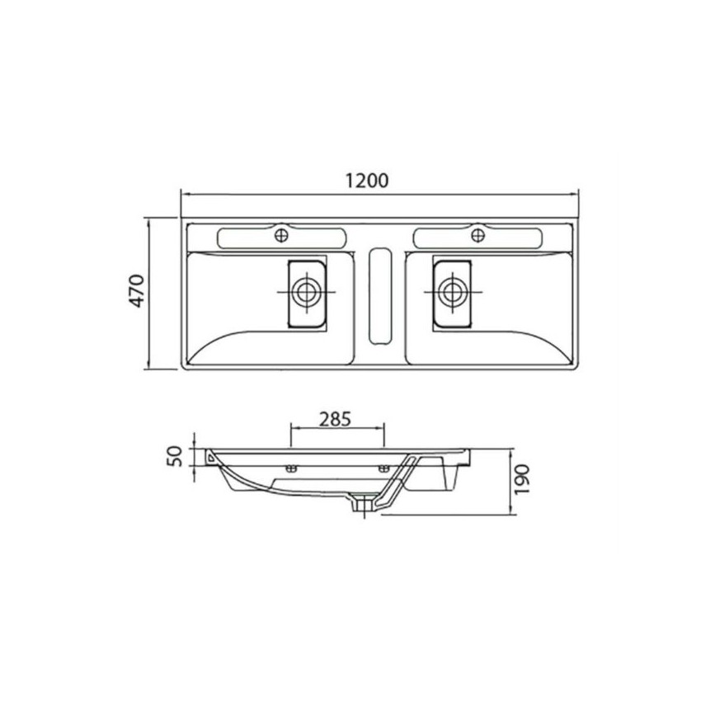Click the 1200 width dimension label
click(367, 181)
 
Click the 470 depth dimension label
click(137, 291)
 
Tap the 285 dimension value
click(336, 419)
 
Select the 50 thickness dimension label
click(175, 456)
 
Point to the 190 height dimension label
click(522, 479)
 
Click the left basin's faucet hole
click(281, 235)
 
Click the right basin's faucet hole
click(478, 235)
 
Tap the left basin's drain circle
click(306, 292)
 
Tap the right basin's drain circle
click(453, 292)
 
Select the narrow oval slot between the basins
click(380, 296)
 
